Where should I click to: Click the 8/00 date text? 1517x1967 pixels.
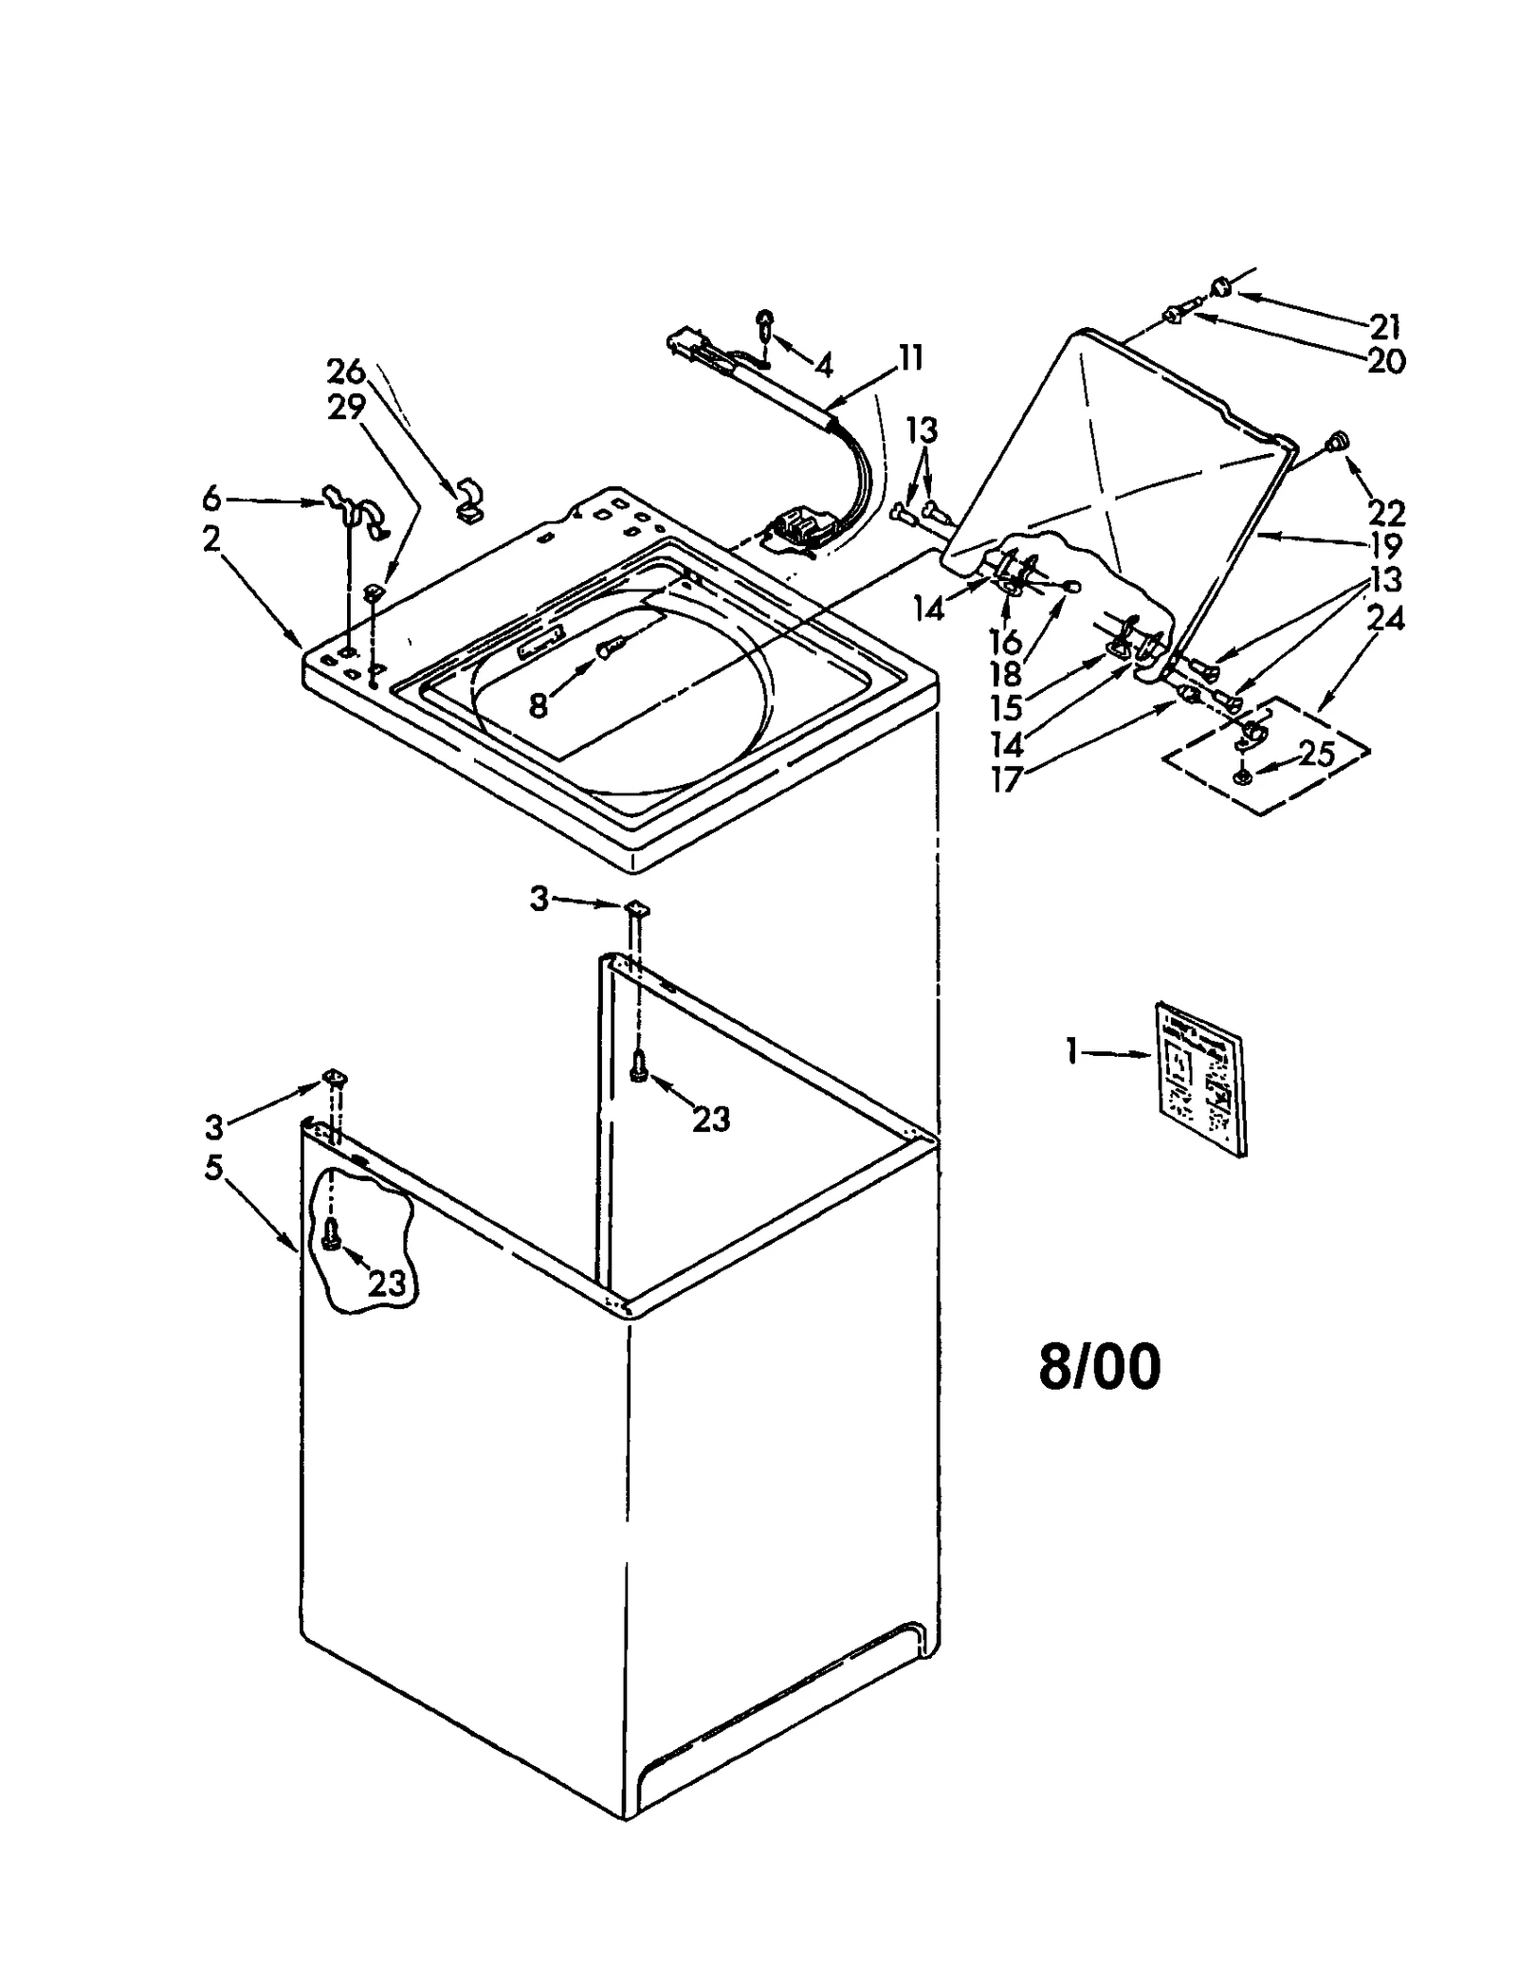coord(1099,1369)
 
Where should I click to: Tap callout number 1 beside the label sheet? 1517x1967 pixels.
coord(1071,1051)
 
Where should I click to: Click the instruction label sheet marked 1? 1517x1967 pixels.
coord(1198,1078)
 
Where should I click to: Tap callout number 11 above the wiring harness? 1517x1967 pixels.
coord(909,358)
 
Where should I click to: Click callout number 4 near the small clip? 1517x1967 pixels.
coord(823,362)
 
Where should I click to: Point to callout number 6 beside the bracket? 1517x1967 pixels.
coord(211,498)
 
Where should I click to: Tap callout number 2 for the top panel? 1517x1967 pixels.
coord(211,538)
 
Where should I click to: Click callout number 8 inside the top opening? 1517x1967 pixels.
coord(538,705)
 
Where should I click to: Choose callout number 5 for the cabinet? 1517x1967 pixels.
coord(213,1168)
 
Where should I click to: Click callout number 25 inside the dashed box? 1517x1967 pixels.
coord(1317,754)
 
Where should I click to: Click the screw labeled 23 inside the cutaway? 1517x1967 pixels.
coord(331,1235)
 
